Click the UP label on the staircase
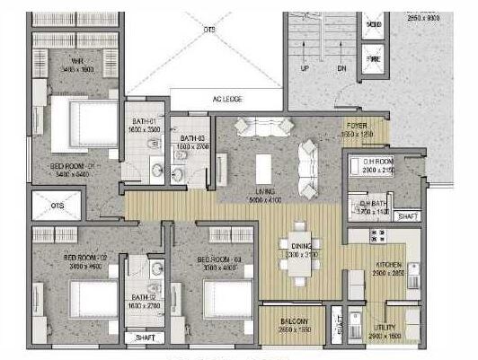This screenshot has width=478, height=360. click(x=304, y=68)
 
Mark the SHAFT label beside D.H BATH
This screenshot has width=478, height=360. click(x=407, y=216)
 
